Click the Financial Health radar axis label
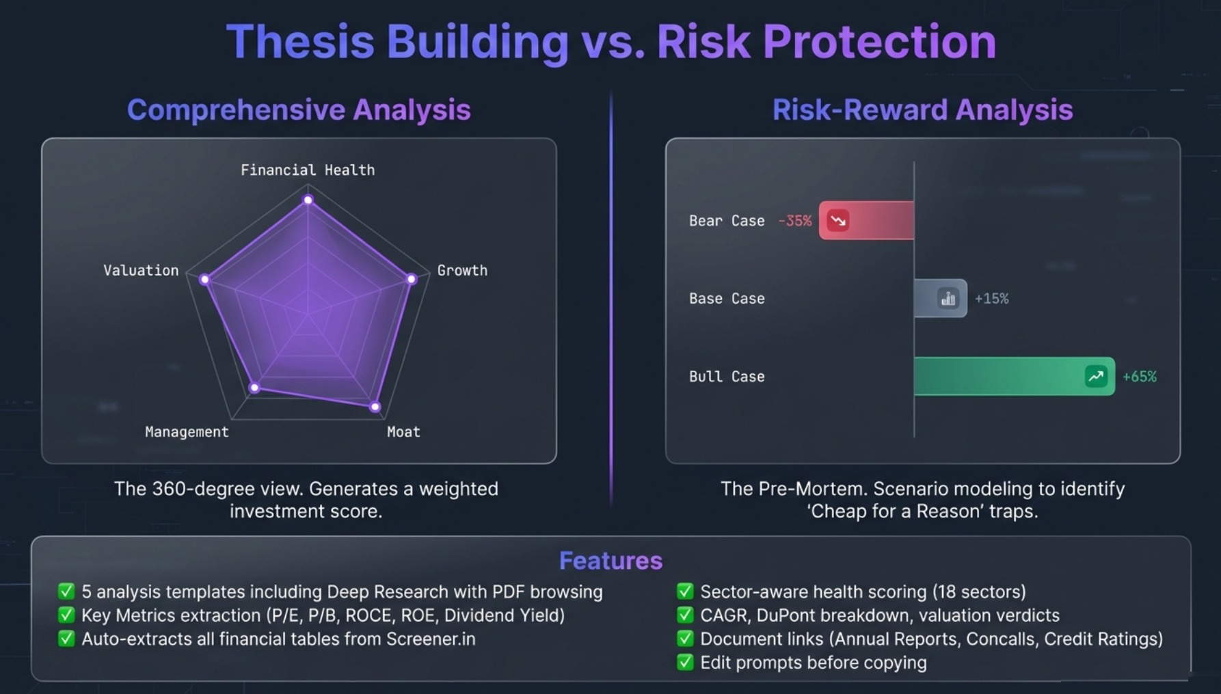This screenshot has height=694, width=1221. tap(308, 170)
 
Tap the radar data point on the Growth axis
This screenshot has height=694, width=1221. tap(411, 279)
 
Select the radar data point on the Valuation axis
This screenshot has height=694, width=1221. tap(204, 279)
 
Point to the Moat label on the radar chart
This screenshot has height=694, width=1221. tap(403, 432)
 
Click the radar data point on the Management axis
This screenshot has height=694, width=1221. tap(254, 388)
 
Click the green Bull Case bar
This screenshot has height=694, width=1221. tap(998, 376)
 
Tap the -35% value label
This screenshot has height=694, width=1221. tap(794, 221)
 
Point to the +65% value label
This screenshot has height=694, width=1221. tap(1139, 377)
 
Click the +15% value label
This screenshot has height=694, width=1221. tap(991, 299)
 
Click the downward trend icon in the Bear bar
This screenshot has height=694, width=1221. tap(838, 220)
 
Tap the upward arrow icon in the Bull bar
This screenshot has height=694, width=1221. tap(1096, 376)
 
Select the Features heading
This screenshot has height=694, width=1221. tap(610, 561)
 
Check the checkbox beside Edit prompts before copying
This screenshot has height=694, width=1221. tap(685, 662)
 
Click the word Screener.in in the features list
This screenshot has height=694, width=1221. tap(431, 639)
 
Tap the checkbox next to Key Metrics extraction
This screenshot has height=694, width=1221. tap(66, 615)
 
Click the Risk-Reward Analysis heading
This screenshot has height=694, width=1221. tap(922, 109)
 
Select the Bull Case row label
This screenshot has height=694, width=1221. tap(727, 377)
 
